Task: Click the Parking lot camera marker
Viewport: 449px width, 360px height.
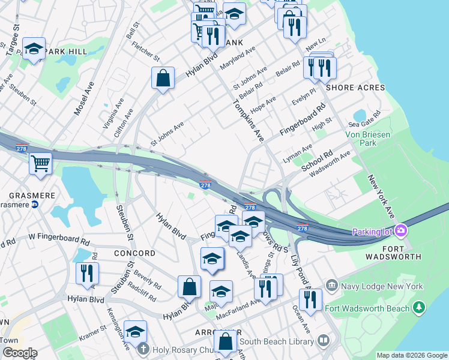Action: pos(401,230)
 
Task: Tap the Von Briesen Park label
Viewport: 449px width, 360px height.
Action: pos(369,139)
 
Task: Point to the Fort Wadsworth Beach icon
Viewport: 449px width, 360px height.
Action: pos(420,308)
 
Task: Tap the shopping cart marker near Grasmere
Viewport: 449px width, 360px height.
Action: pos(41,163)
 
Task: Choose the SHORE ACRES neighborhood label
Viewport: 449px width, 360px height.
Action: pos(355,88)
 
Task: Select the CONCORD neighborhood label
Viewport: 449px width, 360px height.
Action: pos(134,253)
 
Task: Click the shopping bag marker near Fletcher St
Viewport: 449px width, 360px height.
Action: pos(163,78)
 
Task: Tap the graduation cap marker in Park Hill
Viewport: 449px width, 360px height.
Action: pos(34,49)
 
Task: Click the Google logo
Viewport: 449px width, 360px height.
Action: pos(19,353)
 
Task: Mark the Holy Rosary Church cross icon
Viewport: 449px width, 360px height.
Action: pos(143,348)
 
